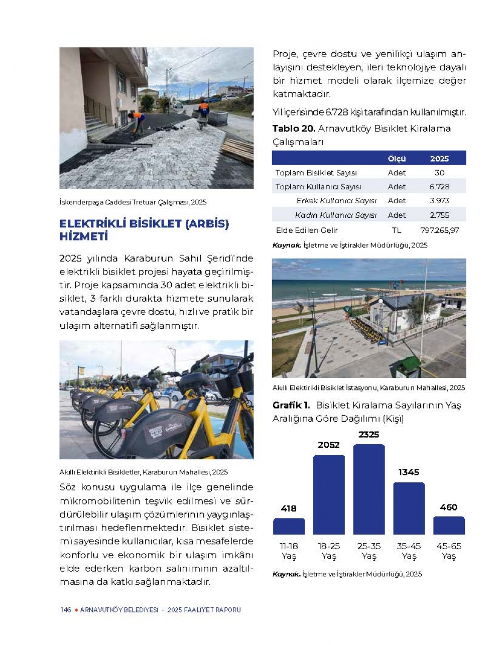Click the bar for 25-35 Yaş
click(x=369, y=489)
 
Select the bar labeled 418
click(x=289, y=526)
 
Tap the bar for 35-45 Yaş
click(x=409, y=508)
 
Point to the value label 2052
click(x=329, y=445)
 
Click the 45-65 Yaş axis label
click(x=449, y=551)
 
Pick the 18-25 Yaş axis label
click(x=329, y=551)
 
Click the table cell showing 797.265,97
click(x=439, y=230)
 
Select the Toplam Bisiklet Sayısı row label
click(x=316, y=173)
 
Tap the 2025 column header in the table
click(x=439, y=159)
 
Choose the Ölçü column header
click(x=397, y=159)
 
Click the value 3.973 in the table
click(x=439, y=201)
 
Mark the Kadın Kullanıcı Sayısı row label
click(x=336, y=215)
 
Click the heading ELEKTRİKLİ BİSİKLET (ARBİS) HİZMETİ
click(x=144, y=230)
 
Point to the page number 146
click(x=65, y=610)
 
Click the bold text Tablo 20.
click(x=293, y=128)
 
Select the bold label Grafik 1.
click(x=291, y=405)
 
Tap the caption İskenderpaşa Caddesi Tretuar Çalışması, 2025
click(x=133, y=202)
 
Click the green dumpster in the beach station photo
click(x=406, y=366)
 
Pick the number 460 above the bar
click(x=448, y=507)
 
